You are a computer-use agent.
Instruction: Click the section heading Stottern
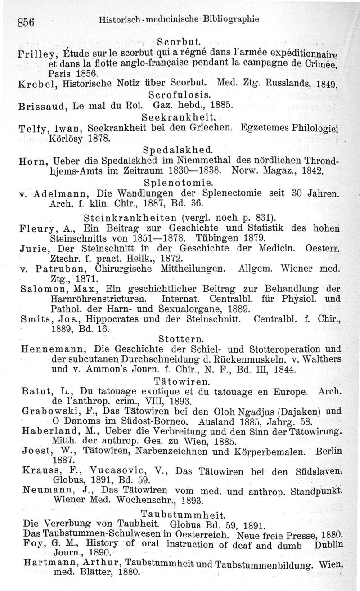click(x=180, y=337)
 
